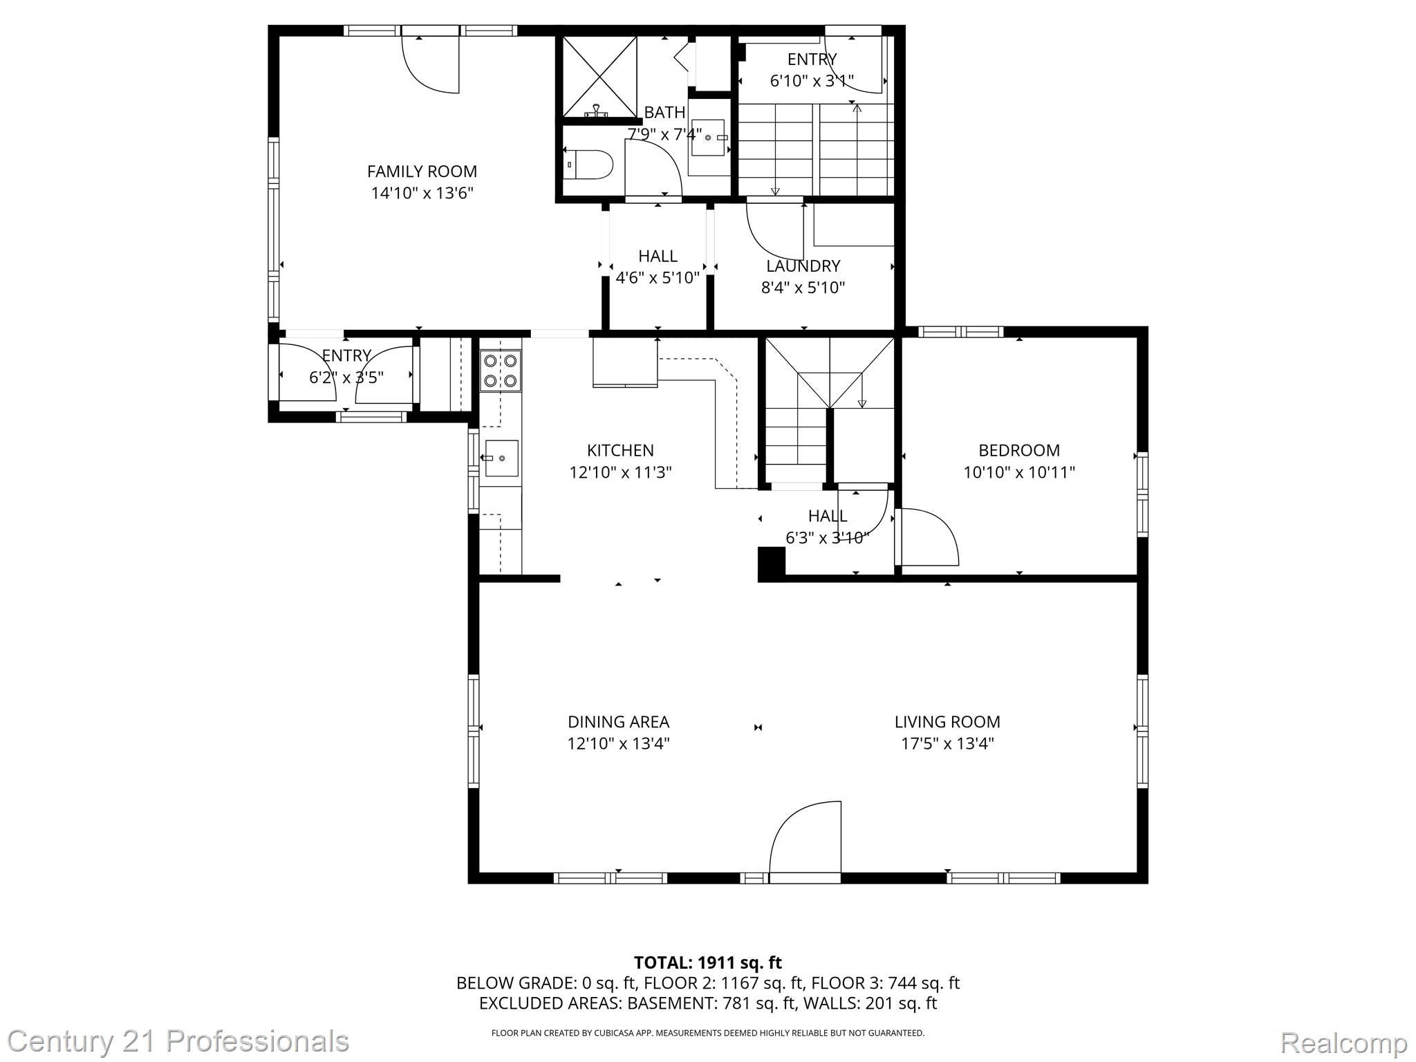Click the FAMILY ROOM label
[x=422, y=171]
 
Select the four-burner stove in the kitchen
[x=501, y=371]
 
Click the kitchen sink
[x=501, y=458]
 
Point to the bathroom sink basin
[x=708, y=138]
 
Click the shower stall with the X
[x=599, y=77]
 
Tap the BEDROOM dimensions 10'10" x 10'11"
[x=1019, y=473]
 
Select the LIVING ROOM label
[x=947, y=722]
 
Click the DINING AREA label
[x=618, y=722]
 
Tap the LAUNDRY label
[x=803, y=266]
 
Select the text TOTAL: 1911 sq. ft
[x=707, y=962]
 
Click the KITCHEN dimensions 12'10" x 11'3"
[x=620, y=473]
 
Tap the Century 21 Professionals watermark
[x=178, y=1041]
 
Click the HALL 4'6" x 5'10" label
[x=658, y=267]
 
